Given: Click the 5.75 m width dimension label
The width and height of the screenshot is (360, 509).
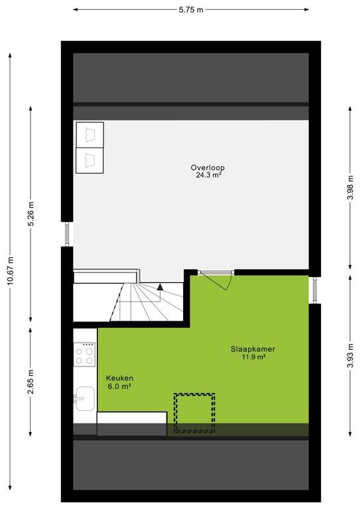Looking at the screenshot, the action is coord(191,10).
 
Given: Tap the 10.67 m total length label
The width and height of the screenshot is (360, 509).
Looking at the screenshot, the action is coord(11,270).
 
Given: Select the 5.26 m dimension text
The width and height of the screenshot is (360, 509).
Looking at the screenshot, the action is coord(30,213).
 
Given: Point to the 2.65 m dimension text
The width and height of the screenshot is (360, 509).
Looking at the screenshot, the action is coord(30,382).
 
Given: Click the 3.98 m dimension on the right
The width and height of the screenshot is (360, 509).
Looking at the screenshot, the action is coord(350,188).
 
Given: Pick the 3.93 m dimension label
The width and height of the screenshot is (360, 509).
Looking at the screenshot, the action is coord(350,355).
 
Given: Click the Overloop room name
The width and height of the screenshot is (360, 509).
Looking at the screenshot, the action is coord(208,168).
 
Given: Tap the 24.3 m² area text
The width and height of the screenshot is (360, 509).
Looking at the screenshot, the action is coord(208,175).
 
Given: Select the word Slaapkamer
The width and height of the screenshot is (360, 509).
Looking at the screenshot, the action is coord(253,349).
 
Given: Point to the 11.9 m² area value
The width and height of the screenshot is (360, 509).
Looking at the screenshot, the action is coord(253,357).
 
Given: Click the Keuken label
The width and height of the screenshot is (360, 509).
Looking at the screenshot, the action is coord(119,378).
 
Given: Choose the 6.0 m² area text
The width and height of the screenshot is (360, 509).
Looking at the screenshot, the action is coord(119,386).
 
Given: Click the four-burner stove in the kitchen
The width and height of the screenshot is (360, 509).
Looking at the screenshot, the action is coord(84,354).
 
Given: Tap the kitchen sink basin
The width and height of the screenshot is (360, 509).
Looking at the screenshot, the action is coord(85,398).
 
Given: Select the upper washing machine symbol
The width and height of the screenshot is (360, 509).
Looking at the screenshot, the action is coord(90,135).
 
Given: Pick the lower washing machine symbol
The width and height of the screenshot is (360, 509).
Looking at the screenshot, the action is coord(90,160).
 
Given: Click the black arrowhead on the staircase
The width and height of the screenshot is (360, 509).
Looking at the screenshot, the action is coord(160,287).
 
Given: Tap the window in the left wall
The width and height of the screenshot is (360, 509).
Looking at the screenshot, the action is coord(67,234).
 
